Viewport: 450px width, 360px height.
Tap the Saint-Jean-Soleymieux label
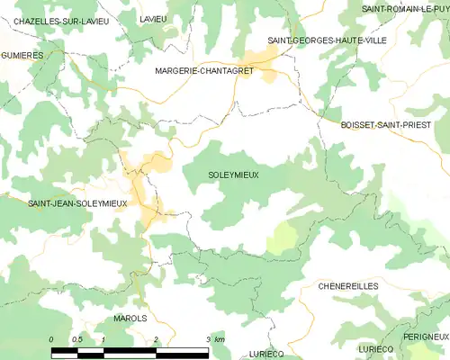(x=77, y=204)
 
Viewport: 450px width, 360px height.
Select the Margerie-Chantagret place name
(x=202, y=70)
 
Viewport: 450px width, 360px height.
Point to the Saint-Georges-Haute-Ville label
(x=314, y=40)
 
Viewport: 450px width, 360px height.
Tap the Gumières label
(x=22, y=56)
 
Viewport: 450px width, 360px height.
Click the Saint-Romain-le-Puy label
(x=405, y=8)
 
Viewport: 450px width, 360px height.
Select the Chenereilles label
(x=348, y=285)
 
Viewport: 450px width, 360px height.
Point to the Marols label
(x=130, y=319)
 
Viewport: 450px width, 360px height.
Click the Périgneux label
(x=425, y=337)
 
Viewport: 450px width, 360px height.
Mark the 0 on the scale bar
(x=51, y=338)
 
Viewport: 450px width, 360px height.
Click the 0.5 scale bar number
(x=77, y=338)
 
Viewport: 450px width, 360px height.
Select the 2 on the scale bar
(x=156, y=338)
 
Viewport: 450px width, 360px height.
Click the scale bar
(x=130, y=350)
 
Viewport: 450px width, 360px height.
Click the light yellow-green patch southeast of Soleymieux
(x=283, y=238)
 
